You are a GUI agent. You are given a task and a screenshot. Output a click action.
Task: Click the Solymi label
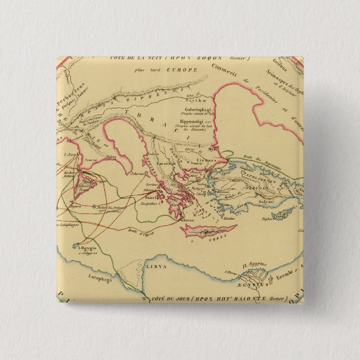click(x=266, y=201)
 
